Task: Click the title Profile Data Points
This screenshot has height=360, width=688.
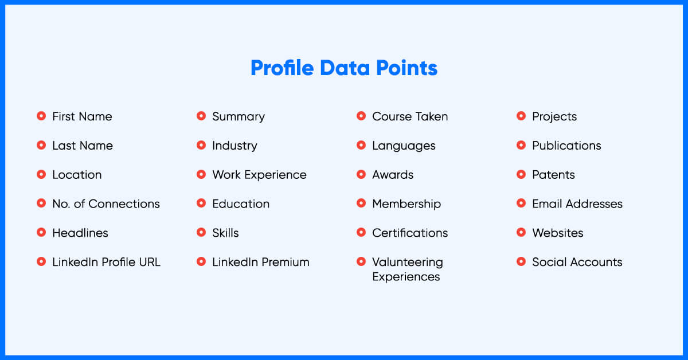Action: pyautogui.click(x=344, y=68)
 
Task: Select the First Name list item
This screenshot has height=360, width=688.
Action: pyautogui.click(x=82, y=116)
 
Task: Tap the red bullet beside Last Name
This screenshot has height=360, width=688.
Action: pyautogui.click(x=41, y=145)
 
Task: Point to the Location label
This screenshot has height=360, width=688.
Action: pyautogui.click(x=77, y=174)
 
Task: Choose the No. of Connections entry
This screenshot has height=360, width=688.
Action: pyautogui.click(x=106, y=204)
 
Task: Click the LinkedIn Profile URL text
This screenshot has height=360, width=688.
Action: pyautogui.click(x=106, y=262)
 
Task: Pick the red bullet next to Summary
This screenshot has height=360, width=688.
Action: pyautogui.click(x=201, y=116)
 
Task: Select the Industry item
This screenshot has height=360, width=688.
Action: pyautogui.click(x=234, y=146)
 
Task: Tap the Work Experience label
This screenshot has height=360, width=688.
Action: pyautogui.click(x=259, y=175)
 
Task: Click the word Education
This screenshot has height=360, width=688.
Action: pyautogui.click(x=241, y=204)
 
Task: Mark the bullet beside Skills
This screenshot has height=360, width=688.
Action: pyautogui.click(x=201, y=232)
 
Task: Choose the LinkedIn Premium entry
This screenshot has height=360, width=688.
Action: pyautogui.click(x=261, y=262)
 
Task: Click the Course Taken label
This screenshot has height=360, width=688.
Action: pyautogui.click(x=410, y=116)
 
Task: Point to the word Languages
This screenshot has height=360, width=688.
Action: pyautogui.click(x=404, y=146)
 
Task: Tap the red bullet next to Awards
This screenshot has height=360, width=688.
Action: pyautogui.click(x=361, y=174)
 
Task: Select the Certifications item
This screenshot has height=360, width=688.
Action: pyautogui.click(x=410, y=233)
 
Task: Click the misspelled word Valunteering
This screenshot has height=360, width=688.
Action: pyautogui.click(x=408, y=263)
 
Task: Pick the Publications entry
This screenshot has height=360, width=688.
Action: pyautogui.click(x=566, y=146)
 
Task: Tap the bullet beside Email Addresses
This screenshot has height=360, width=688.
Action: pyautogui.click(x=521, y=203)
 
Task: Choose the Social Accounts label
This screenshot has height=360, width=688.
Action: pyautogui.click(x=577, y=262)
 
